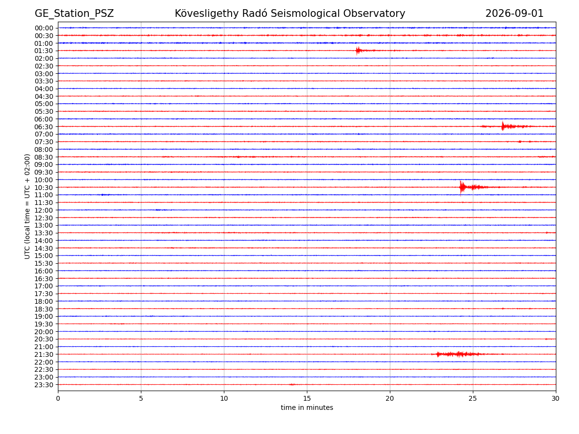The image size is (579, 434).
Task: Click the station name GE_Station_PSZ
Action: [x=74, y=14]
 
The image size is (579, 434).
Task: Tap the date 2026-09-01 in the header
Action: [x=514, y=14]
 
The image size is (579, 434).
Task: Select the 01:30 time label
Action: [x=44, y=51]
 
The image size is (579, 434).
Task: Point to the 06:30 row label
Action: [x=44, y=127]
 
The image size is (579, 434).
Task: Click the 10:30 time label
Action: [x=44, y=188]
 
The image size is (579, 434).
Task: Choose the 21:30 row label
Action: [x=44, y=354]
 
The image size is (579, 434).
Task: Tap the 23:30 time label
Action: [x=44, y=385]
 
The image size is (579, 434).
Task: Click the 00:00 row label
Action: [x=44, y=28]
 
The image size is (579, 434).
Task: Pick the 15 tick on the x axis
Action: [x=307, y=398]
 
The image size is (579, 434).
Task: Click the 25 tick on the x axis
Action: [x=473, y=398]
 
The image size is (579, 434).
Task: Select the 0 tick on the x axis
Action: [x=58, y=398]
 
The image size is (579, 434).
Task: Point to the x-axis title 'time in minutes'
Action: [x=307, y=407]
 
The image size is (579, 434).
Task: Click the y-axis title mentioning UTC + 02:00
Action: [x=27, y=206]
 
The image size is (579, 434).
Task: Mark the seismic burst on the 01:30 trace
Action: [x=358, y=51]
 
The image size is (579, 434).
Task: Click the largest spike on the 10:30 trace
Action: [x=461, y=188]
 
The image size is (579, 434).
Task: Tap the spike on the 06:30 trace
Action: [x=502, y=126]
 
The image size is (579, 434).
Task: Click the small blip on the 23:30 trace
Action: [x=292, y=384]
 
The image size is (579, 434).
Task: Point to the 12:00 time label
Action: [x=44, y=210]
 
